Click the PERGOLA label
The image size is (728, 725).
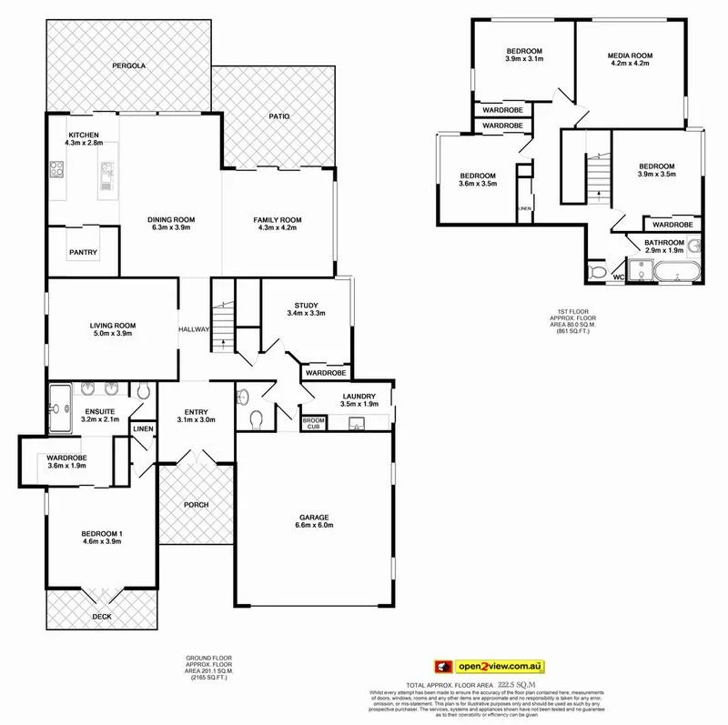coord(129,66)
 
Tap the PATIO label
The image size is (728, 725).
coord(278,116)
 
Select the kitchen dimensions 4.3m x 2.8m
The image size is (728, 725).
coord(84,143)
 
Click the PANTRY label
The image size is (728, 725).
coord(83,253)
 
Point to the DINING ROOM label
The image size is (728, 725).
coord(172,220)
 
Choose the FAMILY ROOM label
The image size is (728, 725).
coord(278,220)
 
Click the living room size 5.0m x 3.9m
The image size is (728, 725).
coord(112,334)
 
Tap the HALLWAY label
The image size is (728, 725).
coord(194,330)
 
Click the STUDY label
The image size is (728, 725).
coord(306,305)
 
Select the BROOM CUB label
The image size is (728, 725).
coord(313,423)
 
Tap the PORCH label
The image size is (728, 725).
coord(196,504)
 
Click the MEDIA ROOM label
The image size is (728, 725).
coord(631,56)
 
